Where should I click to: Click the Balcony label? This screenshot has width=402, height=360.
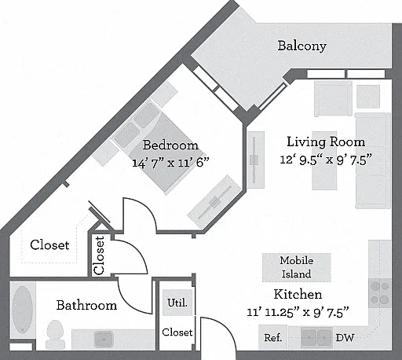(x=301, y=46)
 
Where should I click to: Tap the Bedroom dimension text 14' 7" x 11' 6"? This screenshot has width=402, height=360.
(x=170, y=163)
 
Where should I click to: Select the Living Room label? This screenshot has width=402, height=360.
(x=326, y=142)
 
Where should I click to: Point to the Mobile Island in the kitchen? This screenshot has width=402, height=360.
(x=297, y=267)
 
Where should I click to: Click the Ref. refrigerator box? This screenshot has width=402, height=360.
(x=272, y=337)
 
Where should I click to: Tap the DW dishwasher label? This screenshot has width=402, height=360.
(x=345, y=338)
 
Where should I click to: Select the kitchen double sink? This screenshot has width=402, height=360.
(x=316, y=337)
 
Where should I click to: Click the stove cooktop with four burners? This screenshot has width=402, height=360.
(x=380, y=293)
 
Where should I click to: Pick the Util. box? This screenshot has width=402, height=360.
(x=177, y=303)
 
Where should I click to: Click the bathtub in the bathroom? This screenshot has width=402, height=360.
(x=23, y=310)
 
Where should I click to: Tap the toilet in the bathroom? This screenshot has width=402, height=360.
(x=55, y=334)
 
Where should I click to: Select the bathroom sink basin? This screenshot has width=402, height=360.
(x=104, y=339)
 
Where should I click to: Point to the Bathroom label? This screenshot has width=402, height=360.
(x=86, y=306)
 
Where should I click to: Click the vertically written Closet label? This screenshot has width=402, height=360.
(x=99, y=255)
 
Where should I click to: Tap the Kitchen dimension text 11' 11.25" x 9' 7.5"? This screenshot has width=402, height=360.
(x=298, y=312)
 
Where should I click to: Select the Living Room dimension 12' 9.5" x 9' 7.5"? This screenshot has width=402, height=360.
(x=326, y=160)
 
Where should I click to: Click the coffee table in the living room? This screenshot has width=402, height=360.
(x=324, y=160)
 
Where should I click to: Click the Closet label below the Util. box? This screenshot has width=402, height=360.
(x=177, y=332)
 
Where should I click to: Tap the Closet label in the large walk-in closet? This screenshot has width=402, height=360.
(x=49, y=245)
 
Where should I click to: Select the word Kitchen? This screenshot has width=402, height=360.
(x=298, y=294)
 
